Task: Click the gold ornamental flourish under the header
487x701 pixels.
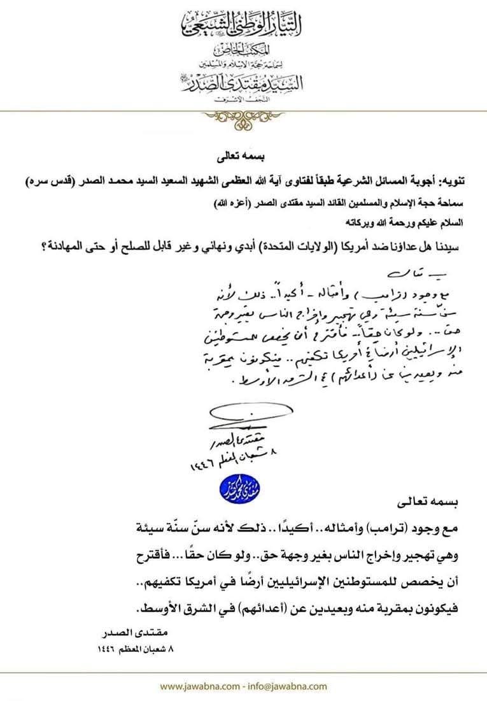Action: coord(244,116)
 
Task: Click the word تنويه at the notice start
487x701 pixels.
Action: coord(452,182)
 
